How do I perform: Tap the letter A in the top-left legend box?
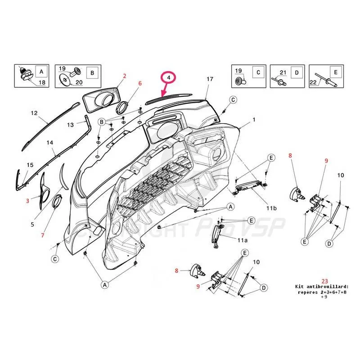pos(41,71)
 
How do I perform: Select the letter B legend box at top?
pos(92,72)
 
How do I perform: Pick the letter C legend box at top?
pos(258,72)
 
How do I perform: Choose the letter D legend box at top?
pos(297,72)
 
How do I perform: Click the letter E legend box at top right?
pos(335,72)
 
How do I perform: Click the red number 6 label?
pos(140,83)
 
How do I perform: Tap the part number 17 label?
pos(209,79)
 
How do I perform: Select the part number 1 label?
pos(254,120)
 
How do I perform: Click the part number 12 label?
pos(34,113)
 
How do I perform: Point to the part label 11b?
pos(271,208)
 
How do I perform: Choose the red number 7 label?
pos(43,235)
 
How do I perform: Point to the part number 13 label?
pos(70,124)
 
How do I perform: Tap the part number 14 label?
pos(50,143)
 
